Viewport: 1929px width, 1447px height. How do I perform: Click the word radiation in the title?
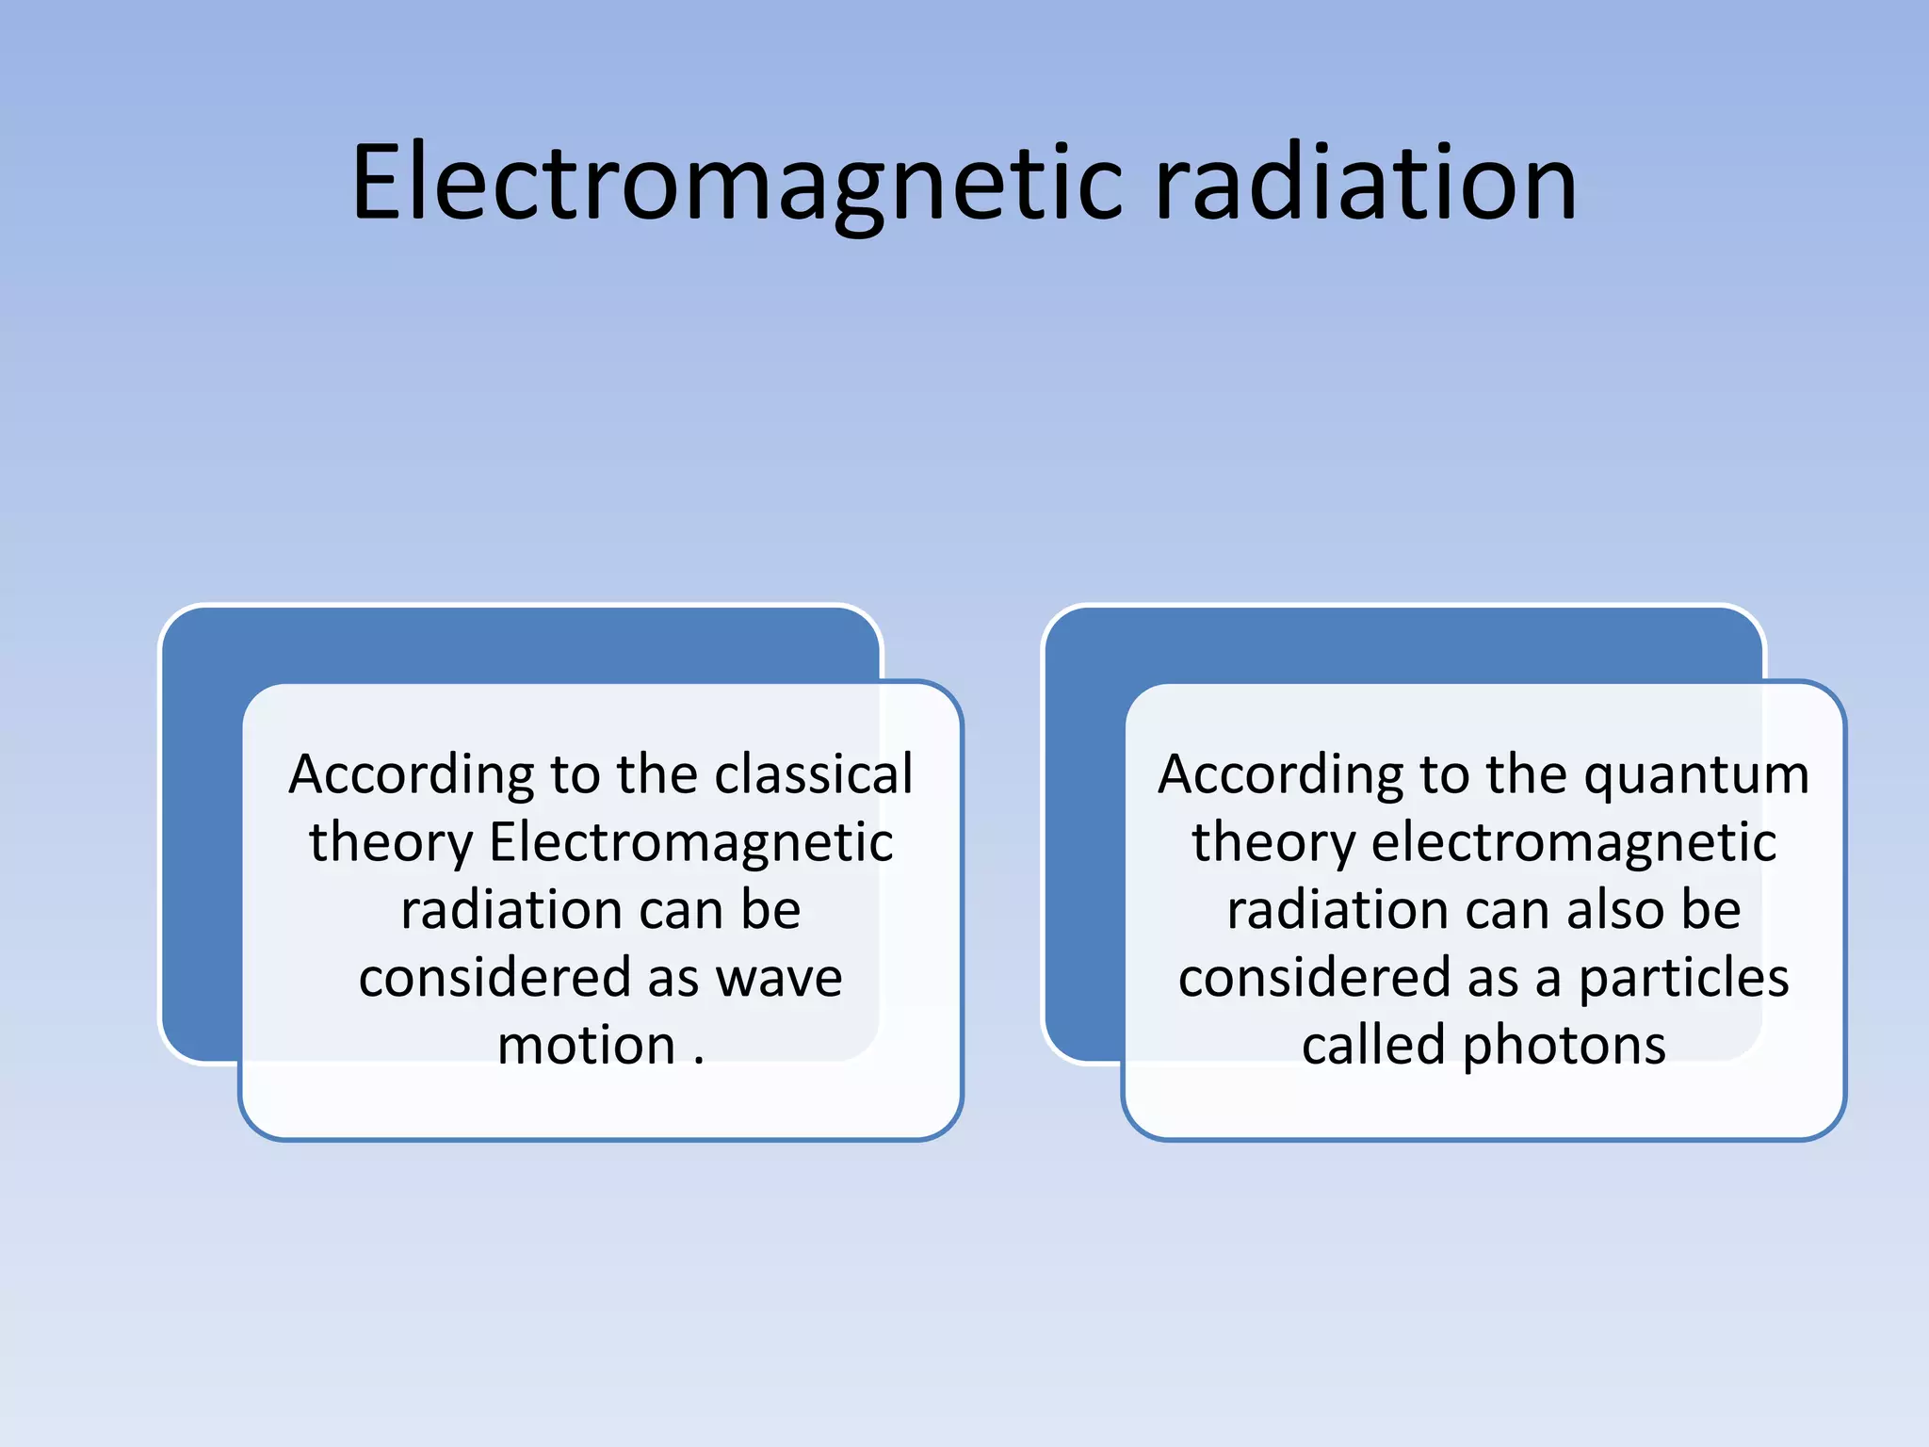1365,184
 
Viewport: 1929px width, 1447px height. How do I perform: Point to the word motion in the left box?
586,1046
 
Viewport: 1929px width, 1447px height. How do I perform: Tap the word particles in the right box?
1683,980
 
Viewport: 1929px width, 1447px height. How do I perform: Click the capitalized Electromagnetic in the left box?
690,842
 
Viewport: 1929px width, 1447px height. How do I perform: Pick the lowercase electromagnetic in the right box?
1574,842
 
